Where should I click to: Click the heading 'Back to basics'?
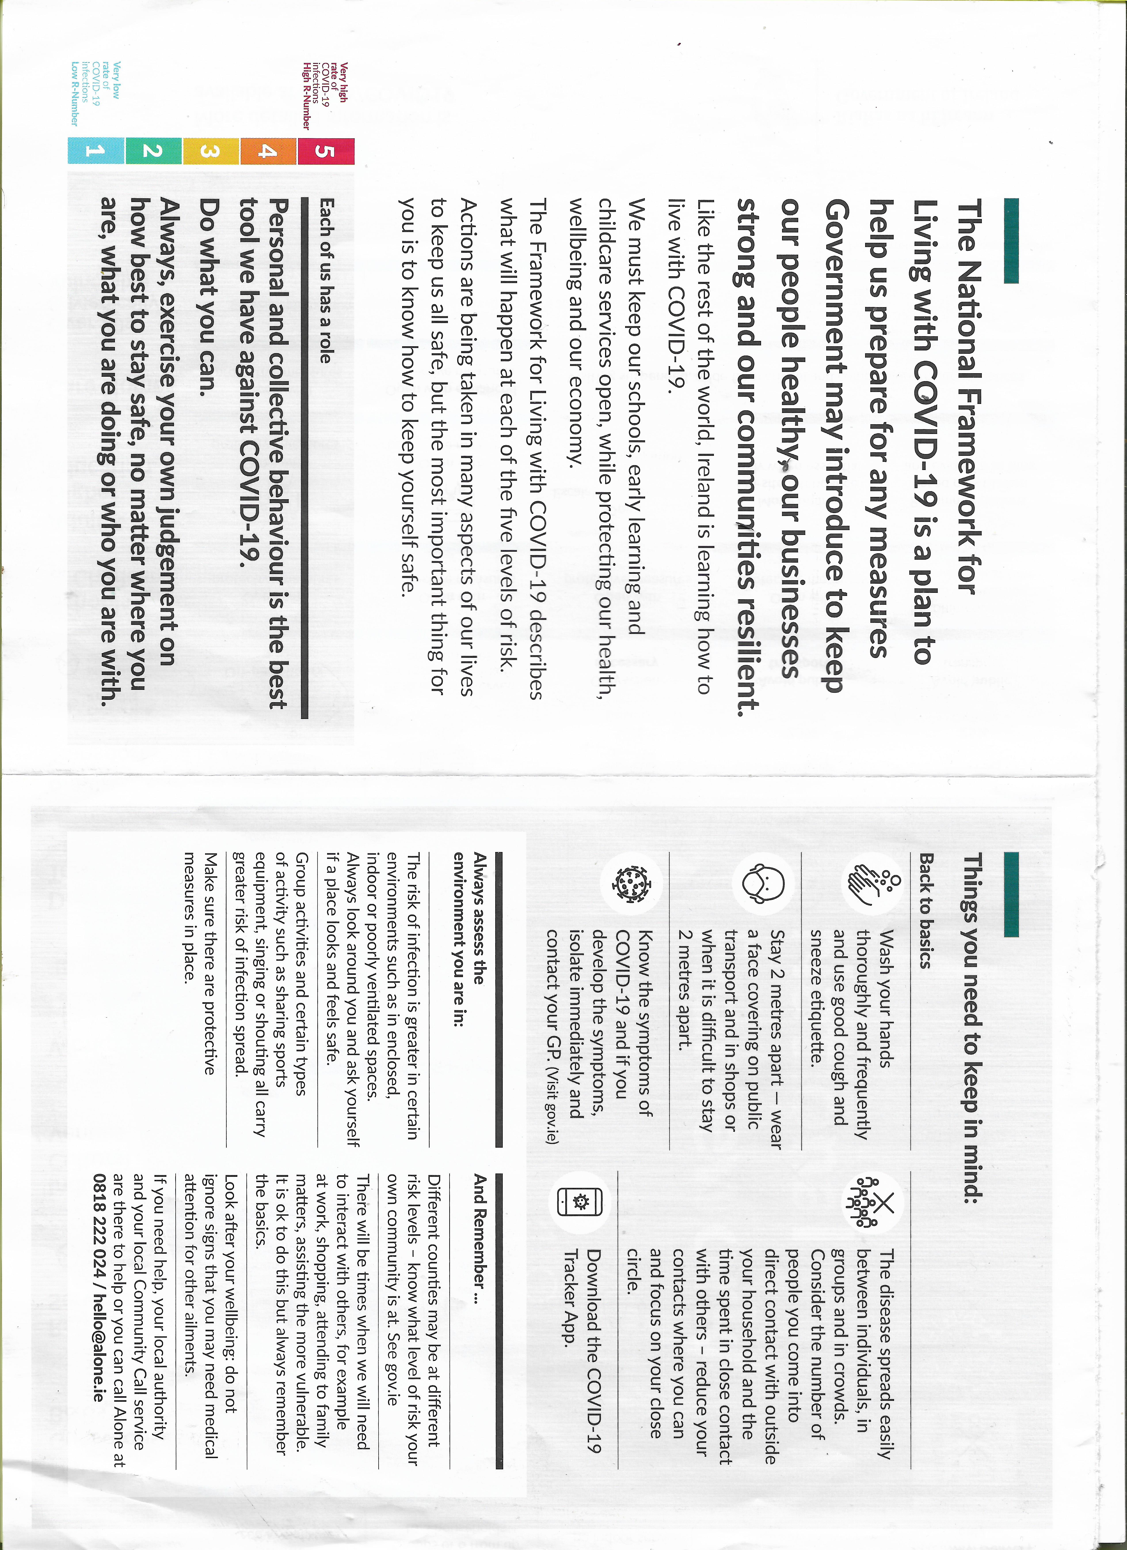(925, 910)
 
